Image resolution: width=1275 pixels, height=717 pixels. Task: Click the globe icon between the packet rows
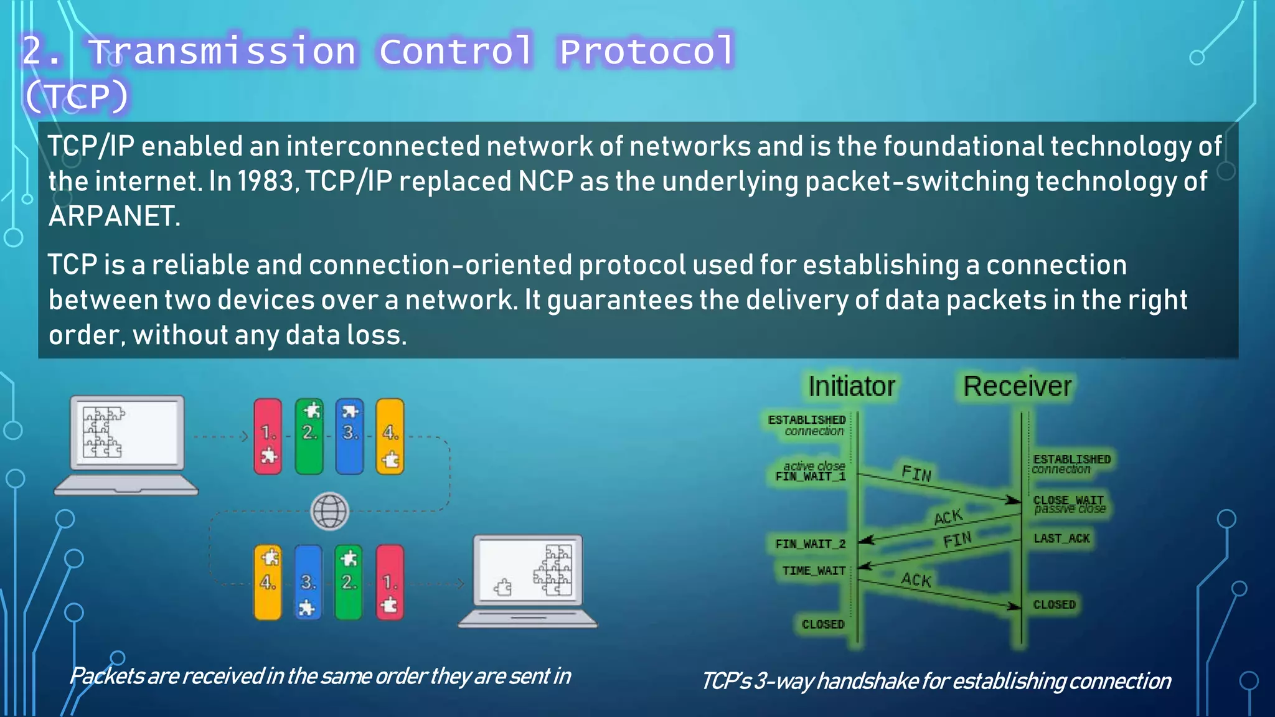329,511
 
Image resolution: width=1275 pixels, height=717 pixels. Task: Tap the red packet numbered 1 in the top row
268,436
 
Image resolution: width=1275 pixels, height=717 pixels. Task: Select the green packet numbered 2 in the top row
309,436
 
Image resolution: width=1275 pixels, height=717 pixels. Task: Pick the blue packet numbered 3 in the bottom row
308,583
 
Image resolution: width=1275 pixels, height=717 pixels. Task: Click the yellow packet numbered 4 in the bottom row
268,583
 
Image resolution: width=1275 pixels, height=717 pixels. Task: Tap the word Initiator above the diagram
851,387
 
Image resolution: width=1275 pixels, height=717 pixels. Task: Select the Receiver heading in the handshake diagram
1017,387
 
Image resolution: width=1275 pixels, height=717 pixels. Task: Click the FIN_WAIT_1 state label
811,477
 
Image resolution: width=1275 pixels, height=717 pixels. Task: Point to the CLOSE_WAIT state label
1068,500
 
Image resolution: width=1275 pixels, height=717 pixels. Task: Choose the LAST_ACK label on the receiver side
1061,538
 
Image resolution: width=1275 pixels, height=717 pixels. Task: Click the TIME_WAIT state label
814,571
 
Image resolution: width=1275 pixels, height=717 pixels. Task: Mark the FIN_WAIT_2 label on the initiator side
810,544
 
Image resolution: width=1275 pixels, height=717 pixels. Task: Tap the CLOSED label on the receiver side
1054,604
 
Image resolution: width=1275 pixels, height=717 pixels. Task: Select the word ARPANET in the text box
114,217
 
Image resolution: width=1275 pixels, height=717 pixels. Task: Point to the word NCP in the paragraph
545,182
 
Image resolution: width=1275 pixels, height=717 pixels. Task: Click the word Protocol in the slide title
646,51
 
